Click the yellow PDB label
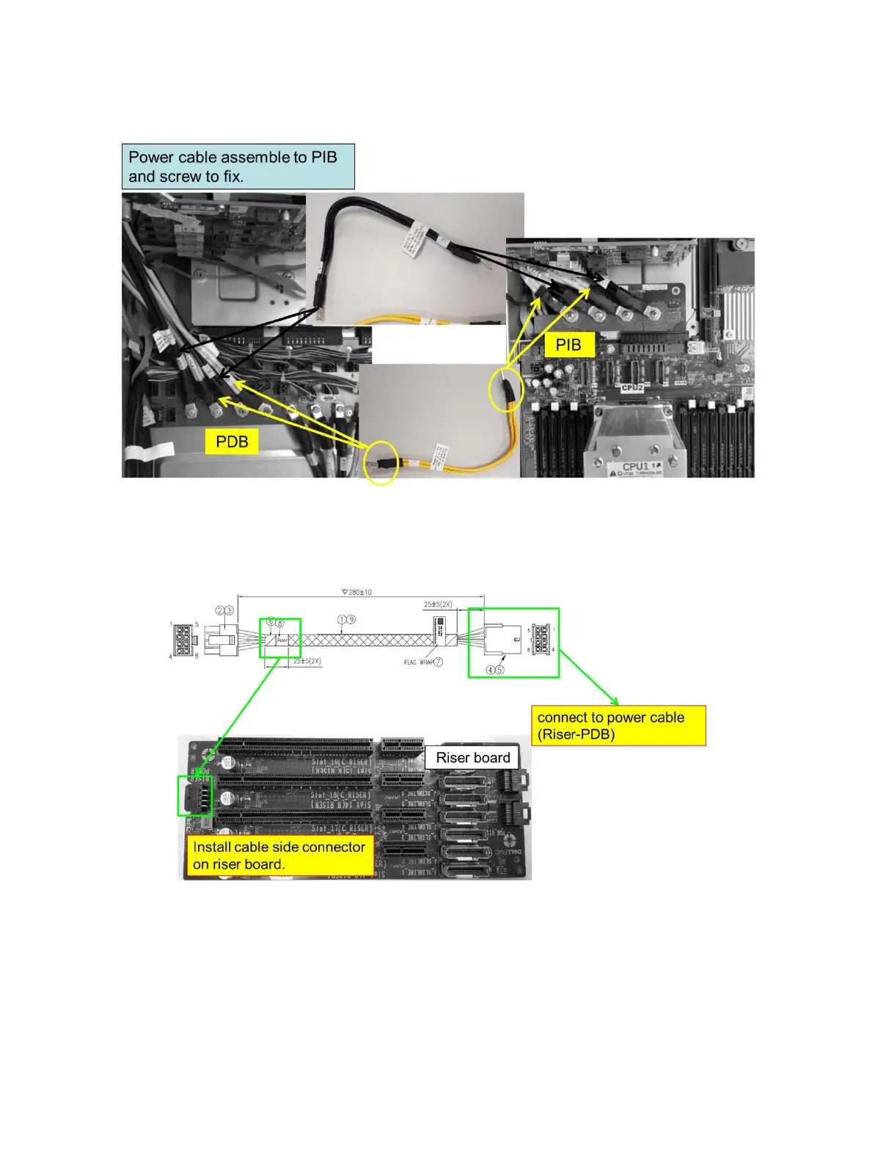[232, 442]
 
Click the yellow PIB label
[568, 345]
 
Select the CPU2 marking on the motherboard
[632, 387]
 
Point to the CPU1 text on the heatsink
[635, 467]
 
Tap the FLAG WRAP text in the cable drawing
[418, 662]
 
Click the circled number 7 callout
[439, 662]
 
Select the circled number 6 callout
[270, 622]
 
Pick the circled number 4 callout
[491, 670]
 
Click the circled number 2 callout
[219, 610]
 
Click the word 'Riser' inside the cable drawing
[282, 641]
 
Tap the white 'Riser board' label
[473, 758]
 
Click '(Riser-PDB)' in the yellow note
[576, 734]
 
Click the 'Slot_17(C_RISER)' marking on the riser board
[342, 828]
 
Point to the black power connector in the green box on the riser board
[195, 796]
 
